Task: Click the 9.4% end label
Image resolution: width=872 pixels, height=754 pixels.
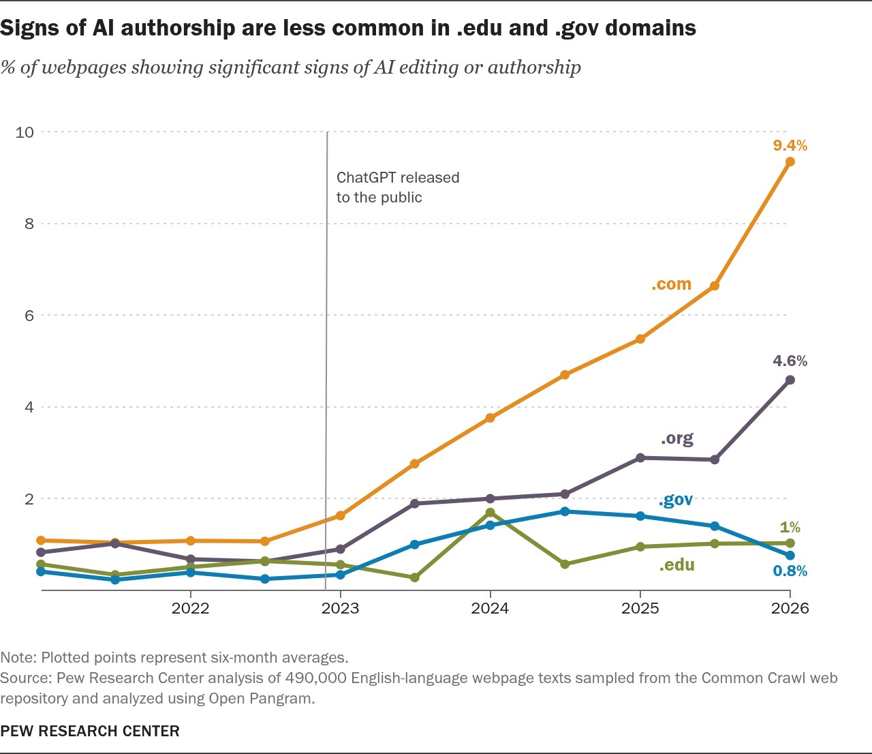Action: point(790,145)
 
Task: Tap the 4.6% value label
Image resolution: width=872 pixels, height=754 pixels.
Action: point(790,361)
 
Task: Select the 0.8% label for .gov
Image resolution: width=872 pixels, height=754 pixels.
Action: point(790,571)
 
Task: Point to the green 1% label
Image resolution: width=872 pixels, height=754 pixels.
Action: point(790,527)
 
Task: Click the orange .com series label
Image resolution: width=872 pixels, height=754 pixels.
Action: point(671,284)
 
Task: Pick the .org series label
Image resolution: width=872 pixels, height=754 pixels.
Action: point(676,439)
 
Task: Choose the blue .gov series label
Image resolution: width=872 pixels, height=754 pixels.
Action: point(675,500)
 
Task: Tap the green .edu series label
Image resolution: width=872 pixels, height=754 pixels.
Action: point(676,565)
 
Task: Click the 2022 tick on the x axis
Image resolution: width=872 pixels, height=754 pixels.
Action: point(190,608)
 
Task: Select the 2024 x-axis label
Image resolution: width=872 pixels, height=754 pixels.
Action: point(490,608)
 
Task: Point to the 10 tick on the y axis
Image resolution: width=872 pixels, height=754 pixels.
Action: point(25,132)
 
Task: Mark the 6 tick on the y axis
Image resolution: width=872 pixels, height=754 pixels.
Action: point(29,316)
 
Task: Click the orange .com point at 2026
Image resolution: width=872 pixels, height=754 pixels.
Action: point(790,162)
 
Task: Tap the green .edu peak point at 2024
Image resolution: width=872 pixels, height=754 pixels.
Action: point(490,513)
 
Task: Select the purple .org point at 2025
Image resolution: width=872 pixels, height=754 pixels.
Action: point(640,457)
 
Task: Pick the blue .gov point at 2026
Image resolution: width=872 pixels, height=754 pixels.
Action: point(790,555)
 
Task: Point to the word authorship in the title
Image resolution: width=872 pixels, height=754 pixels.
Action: point(178,29)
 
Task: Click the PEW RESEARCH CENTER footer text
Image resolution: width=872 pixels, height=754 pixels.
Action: point(90,731)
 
